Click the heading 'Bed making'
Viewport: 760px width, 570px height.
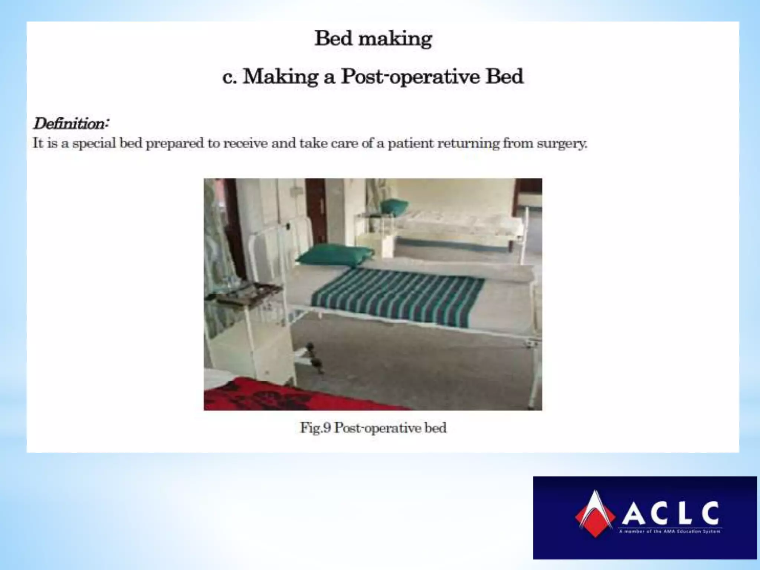pyautogui.click(x=373, y=39)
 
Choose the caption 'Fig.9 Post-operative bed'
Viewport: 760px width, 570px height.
pyautogui.click(x=373, y=428)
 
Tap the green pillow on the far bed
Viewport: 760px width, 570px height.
pyautogui.click(x=394, y=206)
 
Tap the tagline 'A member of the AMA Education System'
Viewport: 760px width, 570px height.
pyautogui.click(x=669, y=531)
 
